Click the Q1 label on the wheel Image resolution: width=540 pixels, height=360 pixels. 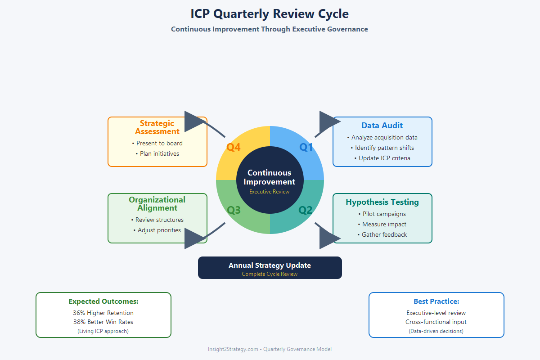pyautogui.click(x=306, y=147)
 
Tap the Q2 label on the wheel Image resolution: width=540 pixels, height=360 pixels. pyautogui.click(x=306, y=210)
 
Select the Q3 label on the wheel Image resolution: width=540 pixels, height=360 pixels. pyautogui.click(x=234, y=210)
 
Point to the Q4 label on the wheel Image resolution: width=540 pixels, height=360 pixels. pyautogui.click(x=233, y=147)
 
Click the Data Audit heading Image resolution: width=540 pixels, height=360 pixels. pyautogui.click(x=382, y=126)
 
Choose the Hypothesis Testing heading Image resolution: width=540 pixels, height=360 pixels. pyautogui.click(x=382, y=202)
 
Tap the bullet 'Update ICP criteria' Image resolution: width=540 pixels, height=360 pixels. pyautogui.click(x=382, y=158)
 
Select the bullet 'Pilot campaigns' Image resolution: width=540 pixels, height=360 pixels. pyautogui.click(x=382, y=214)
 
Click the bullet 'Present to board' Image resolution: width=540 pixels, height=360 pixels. pyautogui.click(x=157, y=143)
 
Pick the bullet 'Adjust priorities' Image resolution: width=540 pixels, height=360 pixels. pyautogui.click(x=157, y=230)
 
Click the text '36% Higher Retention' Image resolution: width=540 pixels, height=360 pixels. pyautogui.click(x=103, y=313)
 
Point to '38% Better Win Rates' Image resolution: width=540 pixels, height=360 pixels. pyautogui.click(x=103, y=322)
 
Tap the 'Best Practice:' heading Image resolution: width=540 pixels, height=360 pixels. pyautogui.click(x=436, y=301)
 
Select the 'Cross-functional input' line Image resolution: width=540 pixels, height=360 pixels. pyautogui.click(x=436, y=322)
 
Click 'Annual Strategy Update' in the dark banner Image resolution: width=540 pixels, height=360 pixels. pyautogui.click(x=270, y=265)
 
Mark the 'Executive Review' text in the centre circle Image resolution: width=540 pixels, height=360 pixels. pyautogui.click(x=270, y=192)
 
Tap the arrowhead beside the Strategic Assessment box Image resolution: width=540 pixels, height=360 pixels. pyautogui.click(x=195, y=121)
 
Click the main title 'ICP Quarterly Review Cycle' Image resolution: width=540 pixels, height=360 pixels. pyautogui.click(x=270, y=14)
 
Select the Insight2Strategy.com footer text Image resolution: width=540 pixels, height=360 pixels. pyautogui.click(x=270, y=349)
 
